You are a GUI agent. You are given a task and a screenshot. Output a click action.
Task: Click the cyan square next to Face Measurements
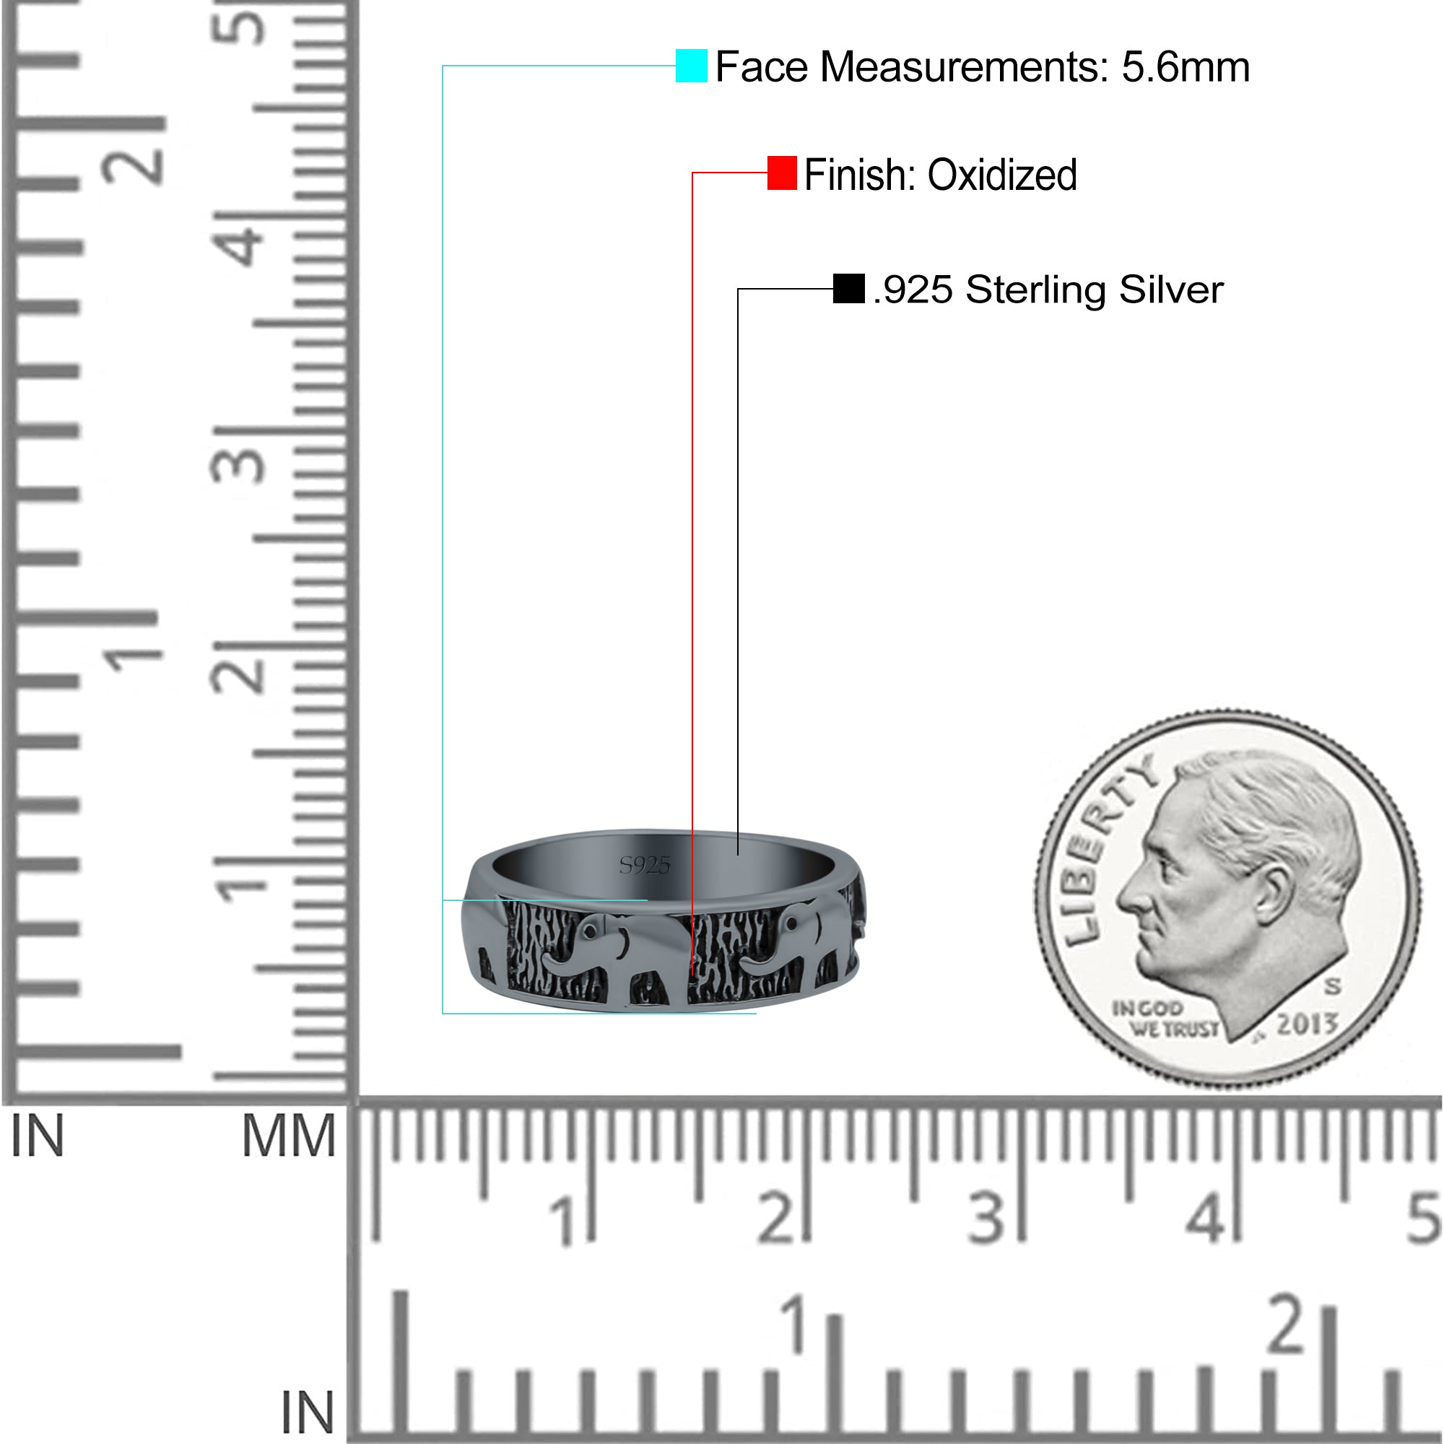click(692, 66)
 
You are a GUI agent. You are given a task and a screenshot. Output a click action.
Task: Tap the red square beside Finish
click(782, 173)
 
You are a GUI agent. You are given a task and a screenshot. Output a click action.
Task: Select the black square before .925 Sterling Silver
click(848, 289)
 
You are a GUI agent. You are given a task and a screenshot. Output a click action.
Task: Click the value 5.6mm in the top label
click(1186, 67)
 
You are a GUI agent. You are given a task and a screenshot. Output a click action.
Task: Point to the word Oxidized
click(1001, 175)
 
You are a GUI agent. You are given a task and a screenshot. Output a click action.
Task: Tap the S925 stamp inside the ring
click(645, 866)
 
